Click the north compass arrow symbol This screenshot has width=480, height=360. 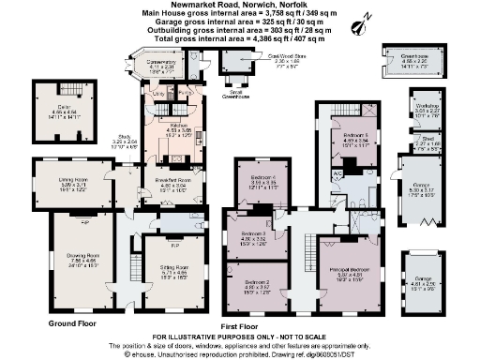point(386,19)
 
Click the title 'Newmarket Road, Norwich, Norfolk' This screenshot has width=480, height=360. point(238,5)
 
